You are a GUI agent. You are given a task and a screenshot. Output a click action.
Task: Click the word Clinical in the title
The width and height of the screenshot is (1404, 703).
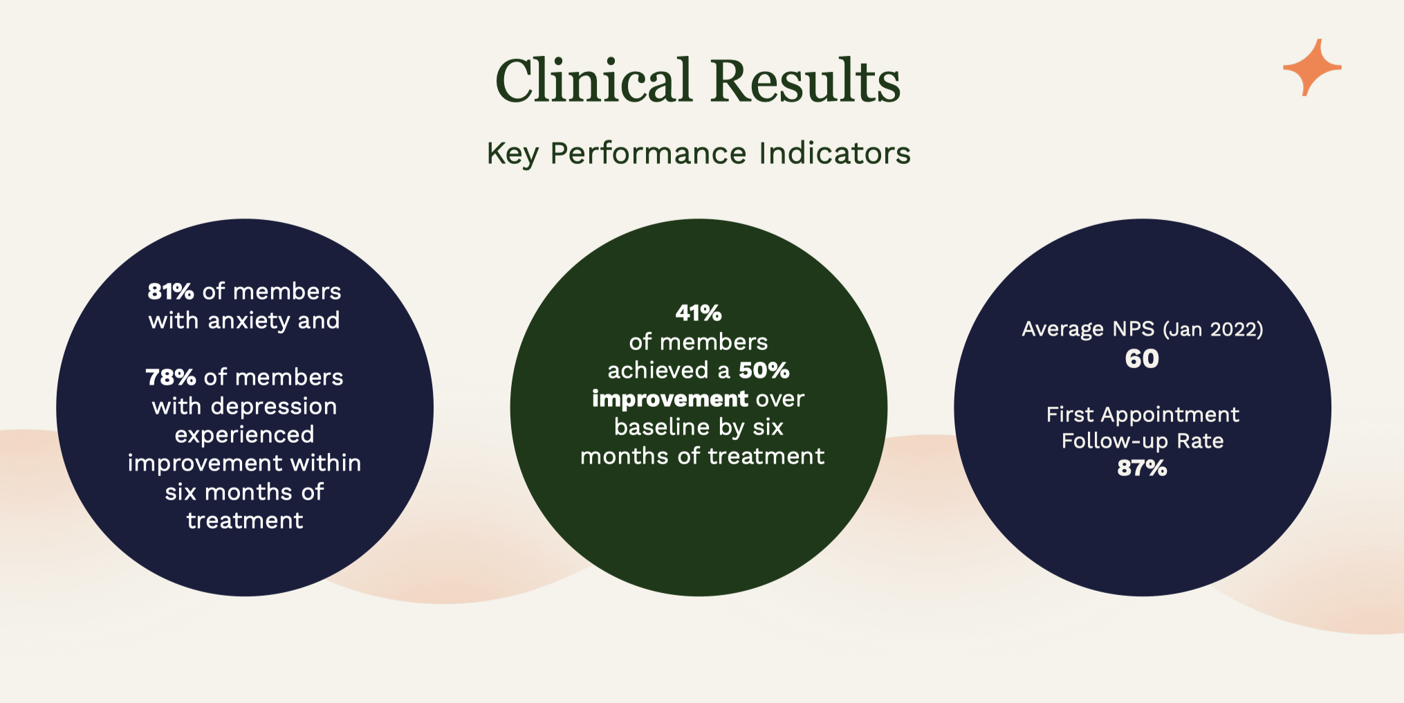[594, 80]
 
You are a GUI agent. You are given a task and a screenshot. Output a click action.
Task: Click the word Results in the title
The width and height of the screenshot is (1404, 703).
[806, 80]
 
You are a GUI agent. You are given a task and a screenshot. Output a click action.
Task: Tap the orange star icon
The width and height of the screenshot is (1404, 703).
[1312, 67]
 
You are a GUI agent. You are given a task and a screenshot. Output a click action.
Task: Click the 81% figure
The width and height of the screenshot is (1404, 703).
[171, 291]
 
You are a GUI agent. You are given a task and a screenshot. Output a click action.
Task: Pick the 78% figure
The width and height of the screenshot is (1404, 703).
[171, 377]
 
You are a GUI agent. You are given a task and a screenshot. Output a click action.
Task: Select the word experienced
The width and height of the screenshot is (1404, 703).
[245, 435]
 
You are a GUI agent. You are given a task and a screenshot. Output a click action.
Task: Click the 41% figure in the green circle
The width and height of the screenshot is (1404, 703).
[699, 313]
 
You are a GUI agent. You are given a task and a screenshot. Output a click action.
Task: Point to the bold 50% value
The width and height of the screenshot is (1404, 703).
[764, 370]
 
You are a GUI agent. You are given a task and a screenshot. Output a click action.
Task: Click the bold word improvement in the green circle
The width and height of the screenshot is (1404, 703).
[670, 399]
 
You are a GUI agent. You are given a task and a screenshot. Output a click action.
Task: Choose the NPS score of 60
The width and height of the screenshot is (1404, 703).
[1142, 358]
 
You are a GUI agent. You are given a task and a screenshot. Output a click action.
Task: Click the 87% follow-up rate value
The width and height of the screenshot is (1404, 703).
[1142, 468]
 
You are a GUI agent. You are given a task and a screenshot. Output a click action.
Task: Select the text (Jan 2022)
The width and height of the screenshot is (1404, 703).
[1213, 329]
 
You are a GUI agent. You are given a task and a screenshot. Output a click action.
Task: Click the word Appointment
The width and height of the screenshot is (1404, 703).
[1170, 415]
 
